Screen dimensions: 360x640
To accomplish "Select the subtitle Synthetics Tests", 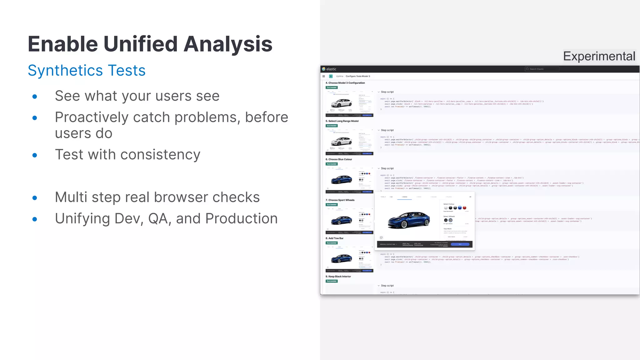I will point(87,70).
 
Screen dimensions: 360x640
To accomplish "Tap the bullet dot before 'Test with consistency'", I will point(35,155).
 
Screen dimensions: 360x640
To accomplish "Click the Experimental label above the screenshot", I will point(599,56).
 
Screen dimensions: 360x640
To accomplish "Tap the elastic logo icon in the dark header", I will point(324,69).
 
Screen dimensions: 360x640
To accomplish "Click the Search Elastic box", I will point(542,69).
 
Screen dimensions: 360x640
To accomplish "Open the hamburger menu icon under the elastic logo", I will point(324,76).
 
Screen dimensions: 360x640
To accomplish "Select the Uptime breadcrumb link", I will point(340,76).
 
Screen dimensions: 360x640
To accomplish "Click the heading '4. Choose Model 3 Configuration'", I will point(345,83).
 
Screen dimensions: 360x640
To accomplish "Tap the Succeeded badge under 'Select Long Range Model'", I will point(332,126).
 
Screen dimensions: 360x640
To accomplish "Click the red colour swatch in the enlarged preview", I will point(464,208).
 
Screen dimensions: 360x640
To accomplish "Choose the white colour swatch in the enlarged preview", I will point(446,208).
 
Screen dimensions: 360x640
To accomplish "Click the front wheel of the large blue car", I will point(404,224).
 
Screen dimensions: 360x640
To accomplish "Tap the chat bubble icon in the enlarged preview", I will point(381,237).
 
